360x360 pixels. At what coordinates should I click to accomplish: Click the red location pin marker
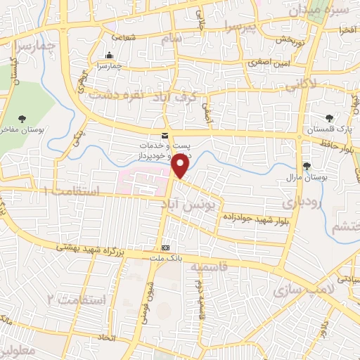coord(181,166)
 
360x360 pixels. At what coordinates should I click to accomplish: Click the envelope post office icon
coord(165,135)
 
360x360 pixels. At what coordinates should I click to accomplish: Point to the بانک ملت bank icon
coord(166,248)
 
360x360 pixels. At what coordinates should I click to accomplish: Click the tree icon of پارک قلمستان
coord(328,117)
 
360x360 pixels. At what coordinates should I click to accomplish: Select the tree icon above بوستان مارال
coord(306,166)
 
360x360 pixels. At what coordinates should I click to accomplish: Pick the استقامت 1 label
coord(73,191)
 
